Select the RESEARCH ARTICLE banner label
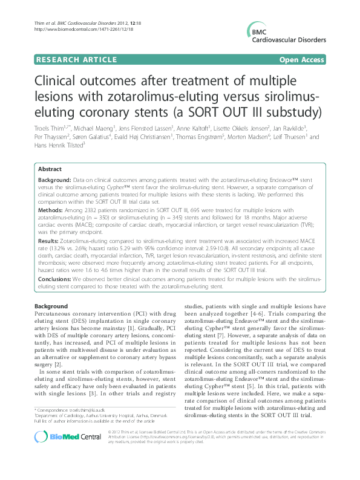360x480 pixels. [x=76, y=59]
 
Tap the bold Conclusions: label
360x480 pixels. [x=57, y=279]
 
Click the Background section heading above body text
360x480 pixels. [x=51, y=307]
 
